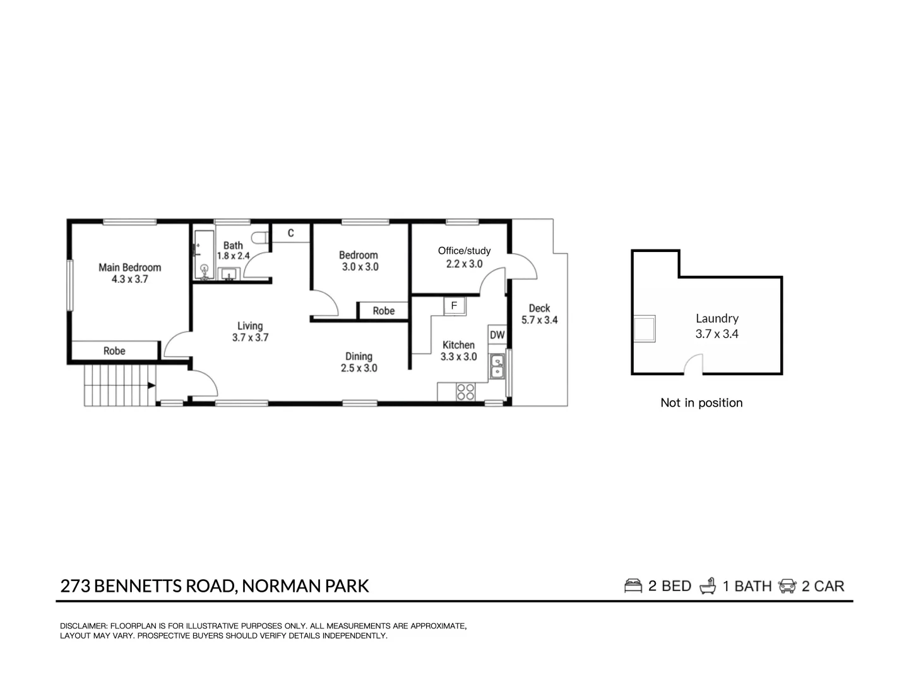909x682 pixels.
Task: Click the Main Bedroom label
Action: pos(129,267)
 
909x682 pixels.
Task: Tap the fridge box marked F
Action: pos(454,306)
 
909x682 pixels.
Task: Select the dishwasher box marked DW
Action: pos(497,335)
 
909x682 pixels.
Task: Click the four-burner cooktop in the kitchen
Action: pos(466,392)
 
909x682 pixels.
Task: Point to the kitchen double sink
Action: pos(498,366)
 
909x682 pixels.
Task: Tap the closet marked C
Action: pos(291,233)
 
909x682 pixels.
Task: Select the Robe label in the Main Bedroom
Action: pos(114,350)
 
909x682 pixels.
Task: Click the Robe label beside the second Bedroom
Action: pos(383,311)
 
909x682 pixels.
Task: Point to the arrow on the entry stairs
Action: pos(151,385)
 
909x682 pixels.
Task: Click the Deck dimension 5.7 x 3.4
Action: pos(539,320)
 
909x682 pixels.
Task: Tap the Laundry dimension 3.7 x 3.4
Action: pos(716,334)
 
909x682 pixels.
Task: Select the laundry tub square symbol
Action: pos(645,328)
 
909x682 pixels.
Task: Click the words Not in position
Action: pos(701,403)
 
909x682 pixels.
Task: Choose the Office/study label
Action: pos(464,251)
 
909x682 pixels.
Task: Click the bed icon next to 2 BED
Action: pos(633,586)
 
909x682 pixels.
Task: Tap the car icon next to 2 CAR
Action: pos(788,586)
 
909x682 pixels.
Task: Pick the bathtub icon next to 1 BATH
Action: pos(708,586)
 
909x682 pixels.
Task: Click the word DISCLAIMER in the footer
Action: pos(83,626)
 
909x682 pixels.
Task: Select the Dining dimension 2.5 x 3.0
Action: pos(359,368)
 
